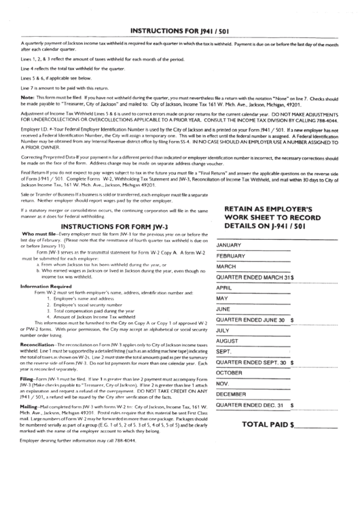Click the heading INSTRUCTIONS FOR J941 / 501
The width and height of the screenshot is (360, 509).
point(179,31)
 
